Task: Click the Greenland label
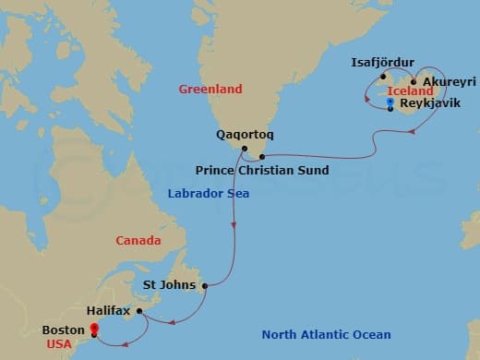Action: (x=210, y=90)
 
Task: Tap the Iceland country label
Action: (x=412, y=92)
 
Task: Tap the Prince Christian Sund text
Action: (x=262, y=171)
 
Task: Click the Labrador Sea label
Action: (x=208, y=194)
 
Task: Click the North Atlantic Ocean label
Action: (x=326, y=334)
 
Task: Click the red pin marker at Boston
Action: (x=93, y=329)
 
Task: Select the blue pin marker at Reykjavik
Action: (x=390, y=104)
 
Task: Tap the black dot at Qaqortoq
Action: (x=244, y=149)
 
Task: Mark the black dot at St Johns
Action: (x=204, y=285)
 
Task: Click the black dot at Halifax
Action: (x=139, y=311)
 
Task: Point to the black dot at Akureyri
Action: (x=414, y=81)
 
